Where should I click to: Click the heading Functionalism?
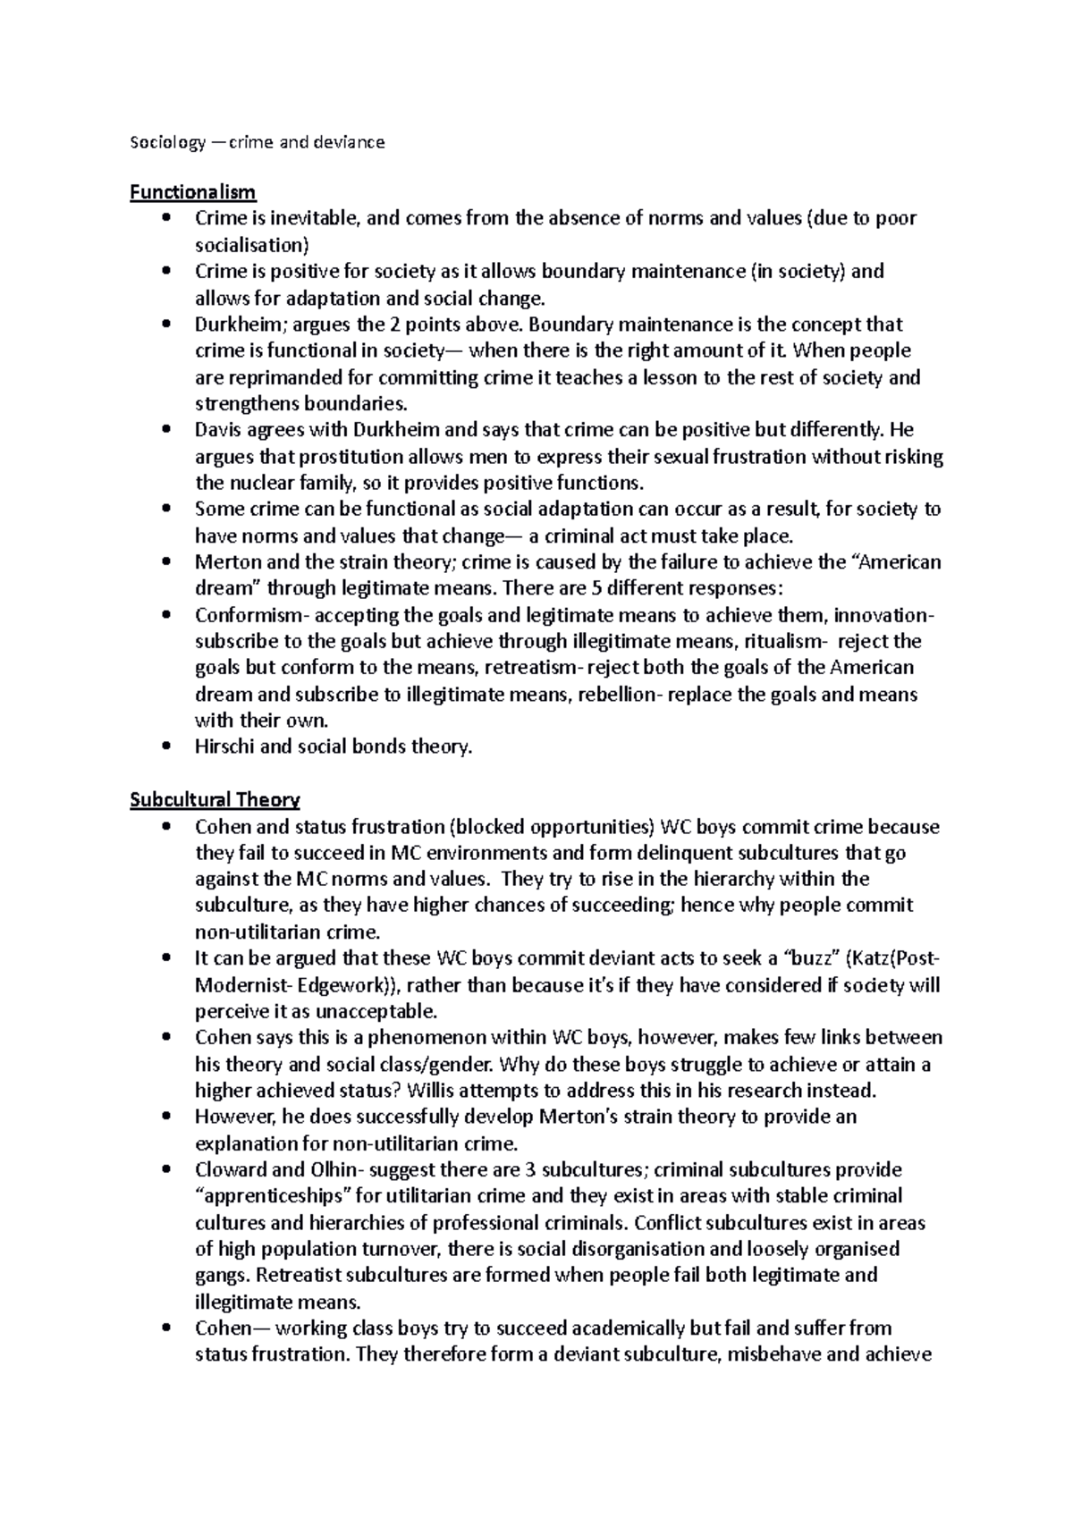point(192,191)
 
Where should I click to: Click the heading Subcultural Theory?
point(215,799)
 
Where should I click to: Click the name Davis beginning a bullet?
point(217,430)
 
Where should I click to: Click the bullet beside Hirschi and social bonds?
point(166,746)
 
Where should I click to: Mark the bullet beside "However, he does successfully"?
point(166,1117)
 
